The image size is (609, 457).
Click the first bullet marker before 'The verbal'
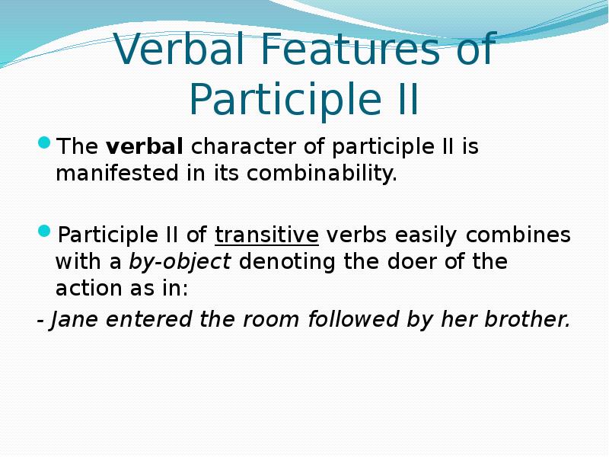[45, 142]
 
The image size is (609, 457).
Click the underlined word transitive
[266, 234]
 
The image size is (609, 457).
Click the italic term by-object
[180, 262]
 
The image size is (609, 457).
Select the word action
[88, 290]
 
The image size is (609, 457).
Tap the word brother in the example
[529, 320]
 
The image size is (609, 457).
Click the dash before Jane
[40, 321]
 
